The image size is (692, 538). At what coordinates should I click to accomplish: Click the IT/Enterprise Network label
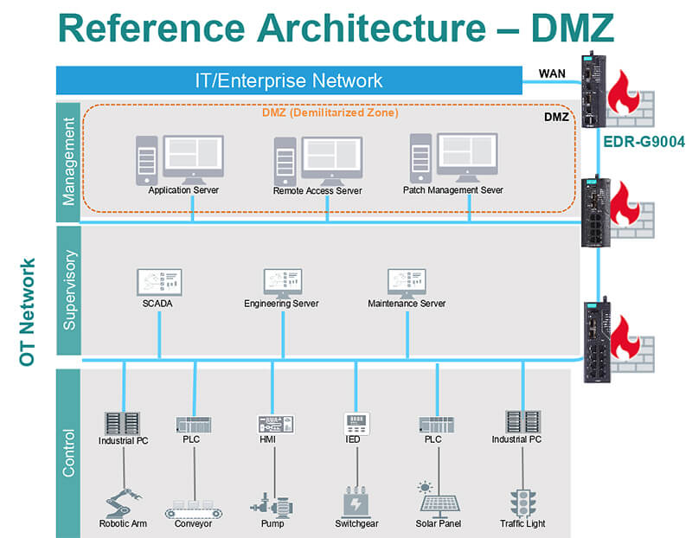click(287, 81)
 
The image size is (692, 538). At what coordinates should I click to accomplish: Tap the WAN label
click(552, 73)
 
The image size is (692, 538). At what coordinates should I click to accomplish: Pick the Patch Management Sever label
click(452, 190)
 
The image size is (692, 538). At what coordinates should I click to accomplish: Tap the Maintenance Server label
click(407, 304)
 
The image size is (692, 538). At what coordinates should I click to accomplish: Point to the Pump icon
click(272, 502)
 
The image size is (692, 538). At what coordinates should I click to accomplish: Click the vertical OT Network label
click(28, 311)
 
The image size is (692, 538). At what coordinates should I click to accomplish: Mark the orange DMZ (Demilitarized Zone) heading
click(330, 112)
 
